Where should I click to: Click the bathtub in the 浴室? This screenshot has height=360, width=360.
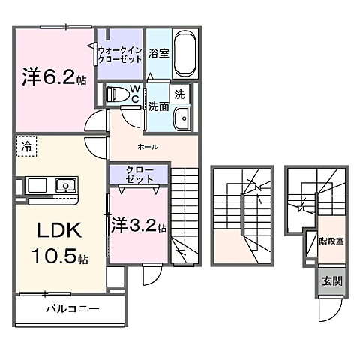185,54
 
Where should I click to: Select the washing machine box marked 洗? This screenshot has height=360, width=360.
179,94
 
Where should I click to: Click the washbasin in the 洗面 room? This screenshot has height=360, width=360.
182,118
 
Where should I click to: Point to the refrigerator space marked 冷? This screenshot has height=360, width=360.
27,147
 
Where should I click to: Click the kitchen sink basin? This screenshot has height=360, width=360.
66,185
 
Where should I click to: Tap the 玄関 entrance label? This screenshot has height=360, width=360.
331,281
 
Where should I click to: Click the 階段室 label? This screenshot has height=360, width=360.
331,241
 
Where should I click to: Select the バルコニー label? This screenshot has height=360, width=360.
73,309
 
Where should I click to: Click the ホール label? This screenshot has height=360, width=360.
148,147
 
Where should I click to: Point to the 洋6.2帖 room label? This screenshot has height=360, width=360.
54,76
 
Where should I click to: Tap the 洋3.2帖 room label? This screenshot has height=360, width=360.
138,225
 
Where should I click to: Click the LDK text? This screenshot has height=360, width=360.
59,230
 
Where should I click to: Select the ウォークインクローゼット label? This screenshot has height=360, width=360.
120,55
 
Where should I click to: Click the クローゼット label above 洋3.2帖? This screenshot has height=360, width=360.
139,175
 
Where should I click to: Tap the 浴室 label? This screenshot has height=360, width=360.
159,53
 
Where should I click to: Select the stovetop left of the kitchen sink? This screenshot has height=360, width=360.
37,185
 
